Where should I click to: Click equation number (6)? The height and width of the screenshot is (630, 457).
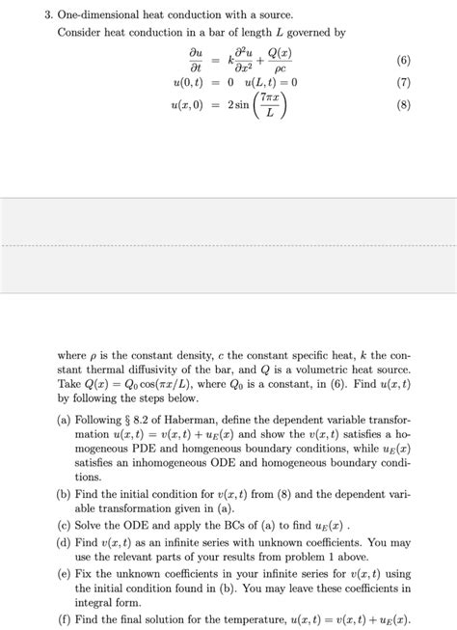tap(403, 61)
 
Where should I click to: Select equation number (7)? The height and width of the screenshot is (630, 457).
tap(403, 83)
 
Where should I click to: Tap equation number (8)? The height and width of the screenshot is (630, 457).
tap(403, 107)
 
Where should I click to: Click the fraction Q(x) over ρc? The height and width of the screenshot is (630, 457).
tap(279, 61)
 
